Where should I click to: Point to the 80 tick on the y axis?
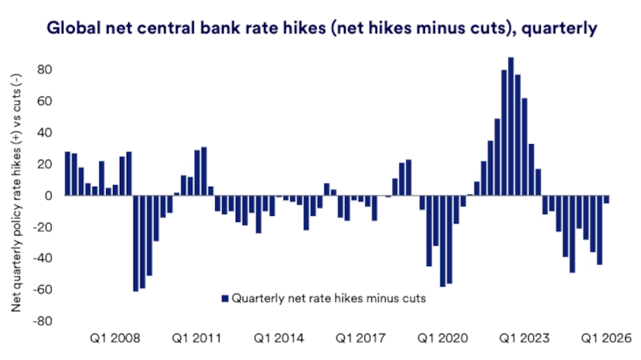tap(44, 70)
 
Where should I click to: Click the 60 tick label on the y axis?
tap(44, 101)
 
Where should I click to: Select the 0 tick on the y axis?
tap(47, 196)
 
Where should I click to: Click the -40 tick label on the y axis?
tap(41, 259)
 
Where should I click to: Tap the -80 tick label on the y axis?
tap(41, 321)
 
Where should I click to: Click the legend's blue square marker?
tap(224, 298)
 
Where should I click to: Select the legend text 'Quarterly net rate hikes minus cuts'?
tap(328, 298)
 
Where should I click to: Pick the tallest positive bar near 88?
tap(511, 127)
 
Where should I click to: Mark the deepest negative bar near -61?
tap(136, 243)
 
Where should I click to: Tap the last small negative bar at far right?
tap(607, 200)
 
